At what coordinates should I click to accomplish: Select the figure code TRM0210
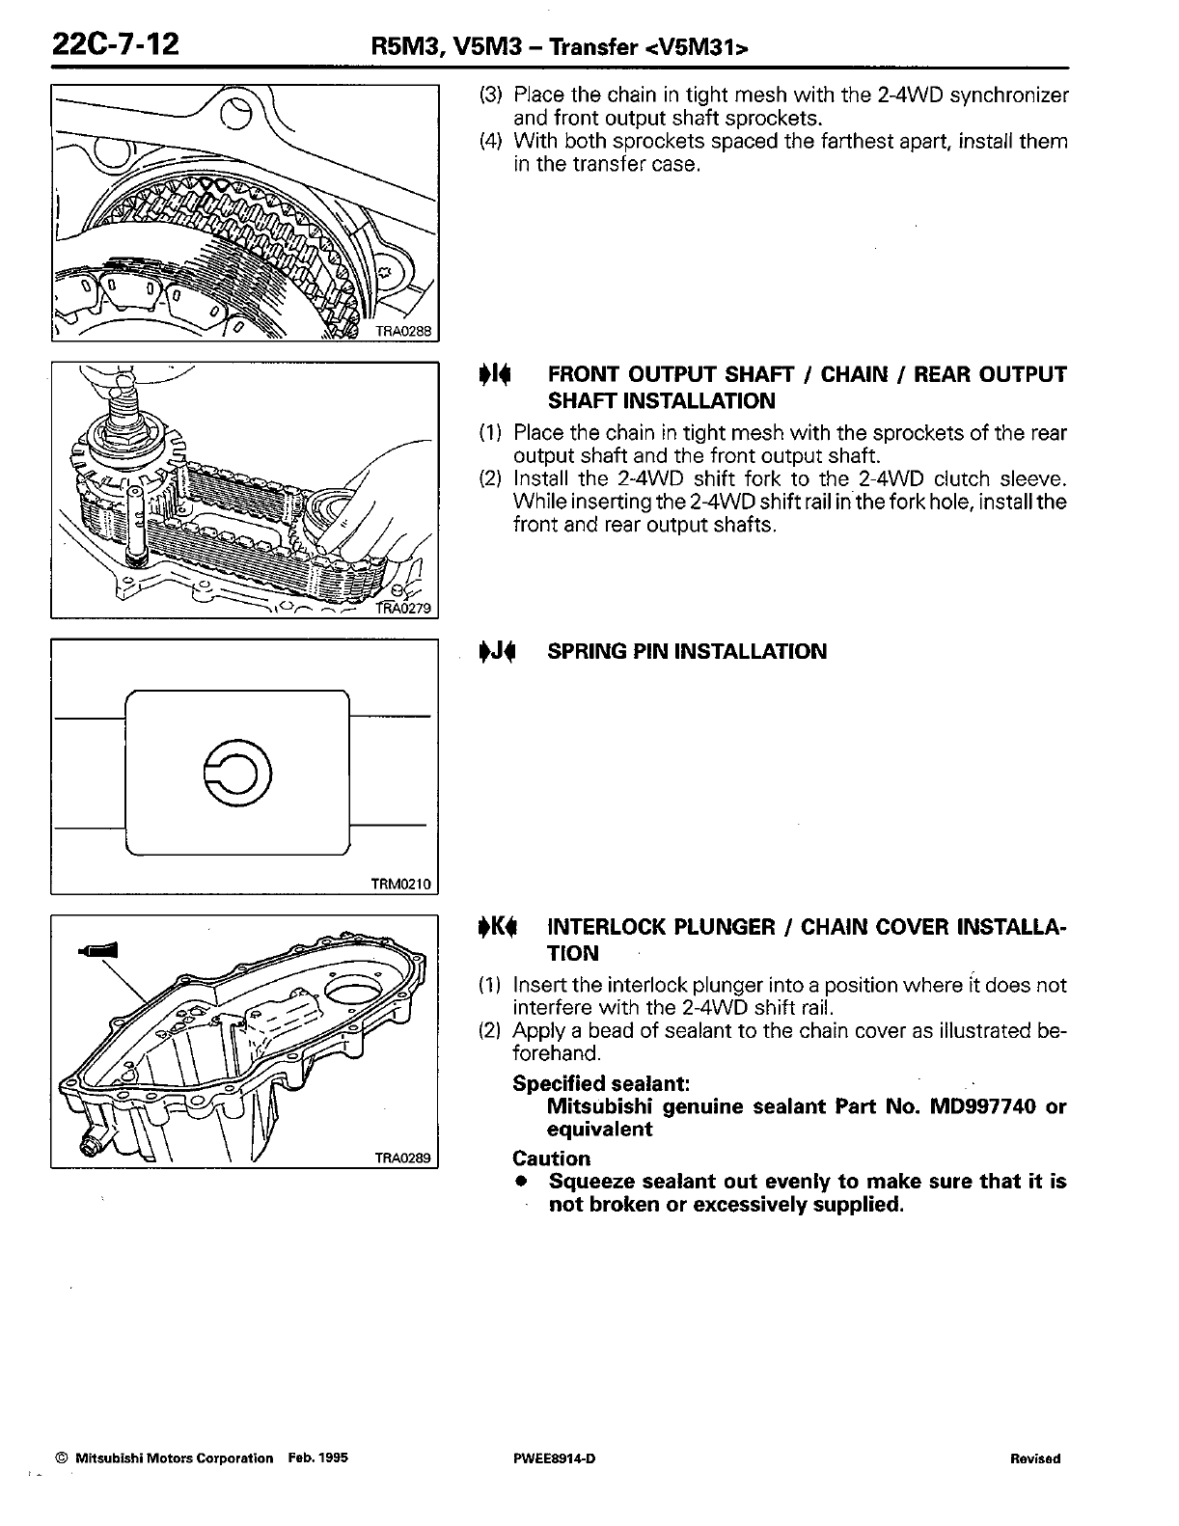pyautogui.click(x=401, y=884)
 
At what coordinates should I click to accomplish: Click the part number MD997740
pyautogui.click(x=982, y=1106)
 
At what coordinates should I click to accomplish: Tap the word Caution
pyautogui.click(x=551, y=1158)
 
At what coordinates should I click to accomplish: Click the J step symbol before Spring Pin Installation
pyautogui.click(x=498, y=652)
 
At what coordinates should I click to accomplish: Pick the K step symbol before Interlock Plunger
pyautogui.click(x=498, y=928)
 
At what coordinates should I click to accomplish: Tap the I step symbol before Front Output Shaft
pyautogui.click(x=498, y=375)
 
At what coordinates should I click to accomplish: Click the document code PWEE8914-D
pyautogui.click(x=555, y=1458)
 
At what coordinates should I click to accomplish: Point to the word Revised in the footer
pyautogui.click(x=1034, y=1458)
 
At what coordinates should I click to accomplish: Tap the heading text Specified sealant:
pyautogui.click(x=600, y=1083)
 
